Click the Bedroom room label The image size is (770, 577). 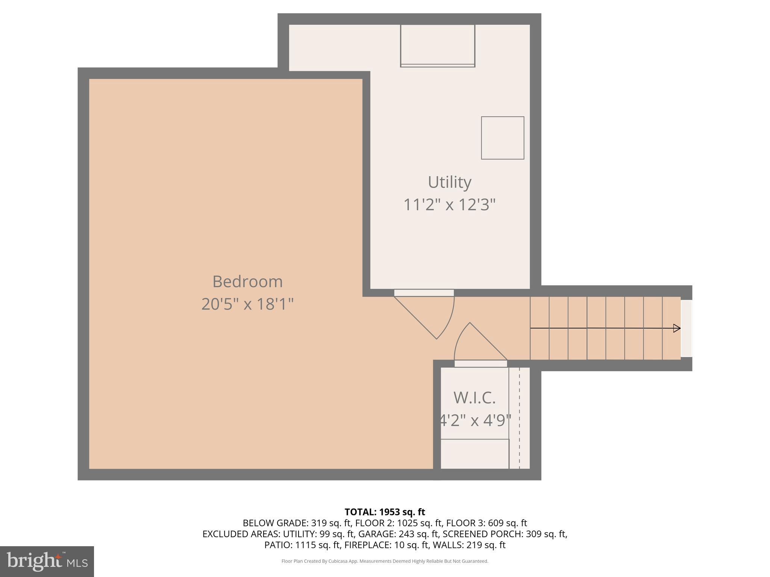247,282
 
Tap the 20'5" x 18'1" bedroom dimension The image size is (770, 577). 247,304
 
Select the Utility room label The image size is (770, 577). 449,183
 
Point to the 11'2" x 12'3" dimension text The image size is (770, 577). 449,205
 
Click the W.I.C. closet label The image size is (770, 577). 474,398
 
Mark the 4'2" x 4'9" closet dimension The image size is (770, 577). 475,420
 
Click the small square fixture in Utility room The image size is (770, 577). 502,138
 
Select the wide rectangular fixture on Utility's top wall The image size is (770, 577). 437,45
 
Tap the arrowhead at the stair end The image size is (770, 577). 676,328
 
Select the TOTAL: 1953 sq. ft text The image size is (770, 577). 385,512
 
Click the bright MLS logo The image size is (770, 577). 47,562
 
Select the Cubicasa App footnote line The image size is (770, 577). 385,561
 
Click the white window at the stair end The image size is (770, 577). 686,328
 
